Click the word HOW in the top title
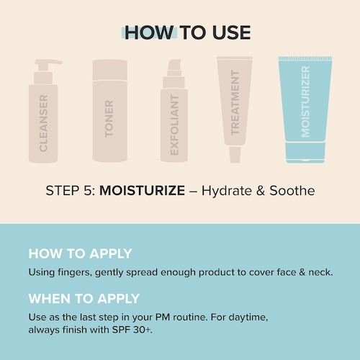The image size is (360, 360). point(148,32)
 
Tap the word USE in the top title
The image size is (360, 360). point(231,32)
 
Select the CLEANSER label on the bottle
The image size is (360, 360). point(43,123)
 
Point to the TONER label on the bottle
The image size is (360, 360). point(109,119)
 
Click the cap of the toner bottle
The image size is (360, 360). point(110,70)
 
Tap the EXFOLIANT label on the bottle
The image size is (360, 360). point(174,125)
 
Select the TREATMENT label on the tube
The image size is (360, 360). point(235,103)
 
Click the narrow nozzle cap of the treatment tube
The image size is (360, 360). point(235,155)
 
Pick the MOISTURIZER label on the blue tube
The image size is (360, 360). point(305,102)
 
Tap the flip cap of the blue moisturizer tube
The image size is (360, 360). point(305,153)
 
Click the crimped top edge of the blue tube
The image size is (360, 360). point(305,58)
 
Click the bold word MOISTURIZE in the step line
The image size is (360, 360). point(142,191)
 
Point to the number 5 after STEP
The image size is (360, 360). point(87,191)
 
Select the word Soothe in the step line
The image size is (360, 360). point(292,191)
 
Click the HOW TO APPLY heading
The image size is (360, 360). point(80,253)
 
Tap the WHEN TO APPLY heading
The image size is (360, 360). point(84,299)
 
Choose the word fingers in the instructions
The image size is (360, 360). point(75,273)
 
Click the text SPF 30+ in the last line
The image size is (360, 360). point(132,330)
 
